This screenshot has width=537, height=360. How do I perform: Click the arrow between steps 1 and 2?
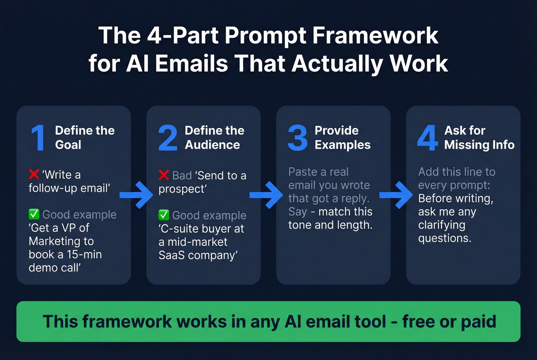tap(137, 195)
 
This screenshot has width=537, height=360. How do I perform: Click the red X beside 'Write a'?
tap(34, 174)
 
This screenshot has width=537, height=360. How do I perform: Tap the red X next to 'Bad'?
tap(164, 175)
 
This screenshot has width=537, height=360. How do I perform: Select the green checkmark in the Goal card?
tap(34, 214)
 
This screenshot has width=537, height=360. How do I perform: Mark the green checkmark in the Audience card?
tap(164, 215)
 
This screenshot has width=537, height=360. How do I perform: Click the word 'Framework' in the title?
tap(375, 36)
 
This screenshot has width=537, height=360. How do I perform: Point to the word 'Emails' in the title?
tap(191, 63)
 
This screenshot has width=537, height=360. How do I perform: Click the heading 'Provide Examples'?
tap(342, 138)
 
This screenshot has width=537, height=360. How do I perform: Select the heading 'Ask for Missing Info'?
tap(479, 138)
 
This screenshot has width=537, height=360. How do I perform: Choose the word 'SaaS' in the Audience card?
tap(171, 255)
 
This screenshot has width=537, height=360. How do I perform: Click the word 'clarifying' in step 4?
tap(441, 225)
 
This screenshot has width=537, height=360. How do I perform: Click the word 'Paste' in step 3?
tap(303, 172)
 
